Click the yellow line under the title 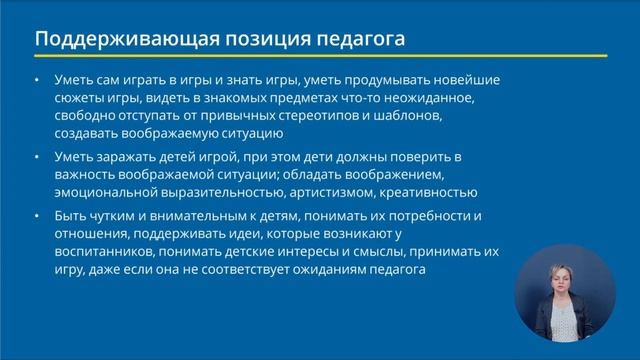320,57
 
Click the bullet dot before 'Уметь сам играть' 37,79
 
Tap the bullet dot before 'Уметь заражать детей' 37,157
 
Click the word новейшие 465,79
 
